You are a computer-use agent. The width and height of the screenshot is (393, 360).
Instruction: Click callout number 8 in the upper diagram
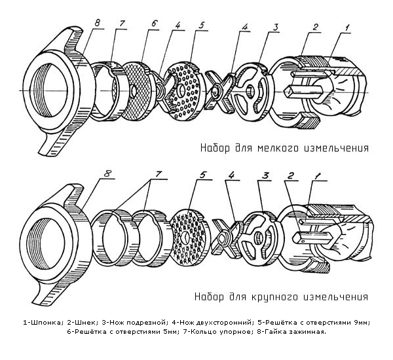point(98,23)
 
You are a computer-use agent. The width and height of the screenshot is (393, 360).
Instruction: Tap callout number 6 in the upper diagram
point(154,24)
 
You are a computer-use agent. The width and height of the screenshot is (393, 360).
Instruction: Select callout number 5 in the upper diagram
point(202,25)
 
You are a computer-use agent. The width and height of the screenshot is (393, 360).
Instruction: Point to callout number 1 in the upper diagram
point(347,27)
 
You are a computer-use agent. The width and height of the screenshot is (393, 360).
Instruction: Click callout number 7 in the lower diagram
point(159,174)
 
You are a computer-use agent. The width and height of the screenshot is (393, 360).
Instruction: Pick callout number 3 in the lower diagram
point(265,175)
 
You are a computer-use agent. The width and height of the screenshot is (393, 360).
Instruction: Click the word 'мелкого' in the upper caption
point(278,148)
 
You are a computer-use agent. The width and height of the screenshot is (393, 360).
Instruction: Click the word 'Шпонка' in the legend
point(46,323)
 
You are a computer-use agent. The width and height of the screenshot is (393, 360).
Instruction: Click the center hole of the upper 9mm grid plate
point(181,90)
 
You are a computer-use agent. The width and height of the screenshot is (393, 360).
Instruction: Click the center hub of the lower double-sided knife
point(223,238)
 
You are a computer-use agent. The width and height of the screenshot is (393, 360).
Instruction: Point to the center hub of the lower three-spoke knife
point(257,237)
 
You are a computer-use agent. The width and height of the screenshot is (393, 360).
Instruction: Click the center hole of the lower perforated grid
point(185,237)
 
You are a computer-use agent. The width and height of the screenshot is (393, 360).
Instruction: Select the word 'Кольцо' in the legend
point(205,333)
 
